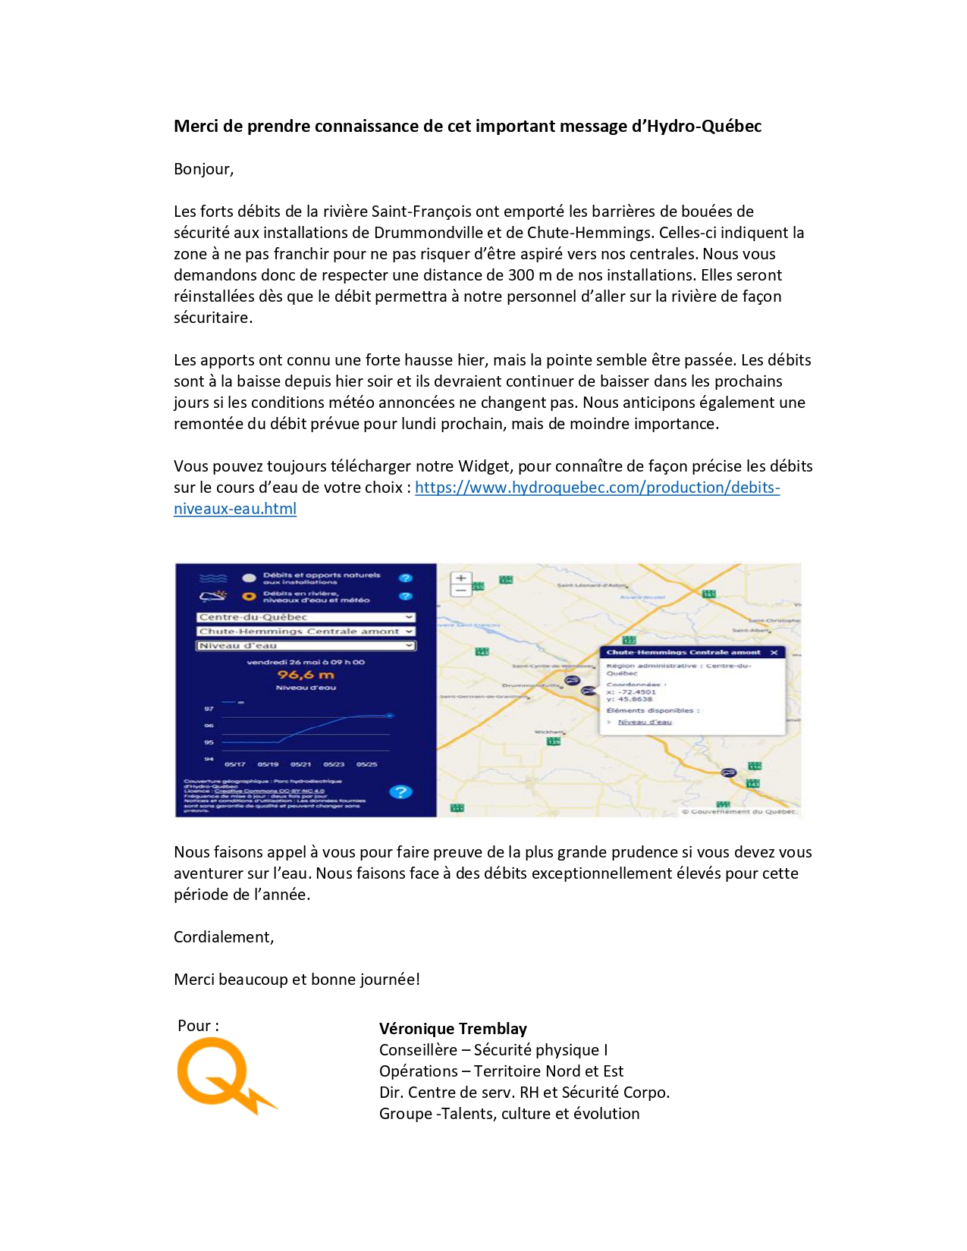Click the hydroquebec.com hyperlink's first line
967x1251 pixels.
[x=597, y=488]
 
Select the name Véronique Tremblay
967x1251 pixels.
[x=453, y=1029]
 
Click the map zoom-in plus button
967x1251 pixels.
[x=460, y=578]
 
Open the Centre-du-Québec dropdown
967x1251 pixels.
[x=306, y=617]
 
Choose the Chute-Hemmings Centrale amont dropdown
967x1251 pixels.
[x=306, y=631]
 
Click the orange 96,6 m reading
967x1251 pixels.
[x=306, y=675]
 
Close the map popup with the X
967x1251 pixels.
[x=774, y=652]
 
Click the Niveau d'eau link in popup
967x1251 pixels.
[x=645, y=722]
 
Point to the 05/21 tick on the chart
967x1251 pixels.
[x=300, y=764]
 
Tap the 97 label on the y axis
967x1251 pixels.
[x=209, y=709]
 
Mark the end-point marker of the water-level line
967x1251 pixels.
[x=390, y=715]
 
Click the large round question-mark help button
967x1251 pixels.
[x=400, y=792]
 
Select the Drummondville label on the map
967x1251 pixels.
[x=531, y=685]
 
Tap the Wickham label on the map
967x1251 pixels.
[x=549, y=732]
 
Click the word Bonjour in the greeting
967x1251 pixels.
[x=203, y=169]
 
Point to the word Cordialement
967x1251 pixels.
[x=223, y=937]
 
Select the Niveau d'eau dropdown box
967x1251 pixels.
[x=306, y=646]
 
